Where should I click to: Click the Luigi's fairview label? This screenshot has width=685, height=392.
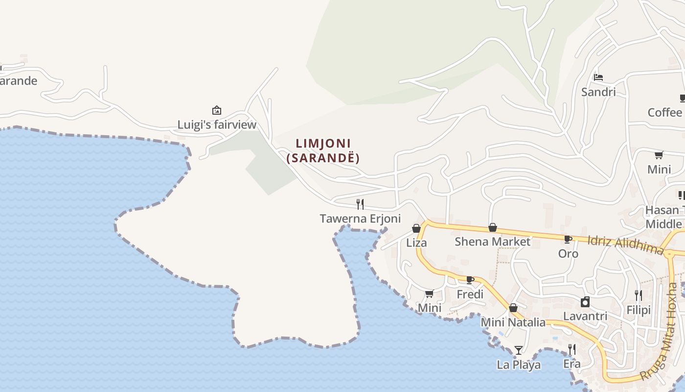click(217, 125)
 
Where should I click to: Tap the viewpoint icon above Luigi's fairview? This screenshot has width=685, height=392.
click(217, 110)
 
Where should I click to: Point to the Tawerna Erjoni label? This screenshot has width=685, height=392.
click(360, 219)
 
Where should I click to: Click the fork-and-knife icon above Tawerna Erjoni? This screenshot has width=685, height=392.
click(360, 204)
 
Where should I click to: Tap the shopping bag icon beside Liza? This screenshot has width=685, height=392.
click(416, 228)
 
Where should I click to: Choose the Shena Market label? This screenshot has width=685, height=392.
click(492, 242)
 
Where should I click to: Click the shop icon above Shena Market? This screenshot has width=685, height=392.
click(493, 227)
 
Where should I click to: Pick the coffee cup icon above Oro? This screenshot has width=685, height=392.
click(568, 240)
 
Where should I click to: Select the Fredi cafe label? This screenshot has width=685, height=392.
click(470, 294)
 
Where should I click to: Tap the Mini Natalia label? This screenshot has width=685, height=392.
click(513, 322)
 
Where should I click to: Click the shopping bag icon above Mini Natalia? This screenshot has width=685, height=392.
click(513, 308)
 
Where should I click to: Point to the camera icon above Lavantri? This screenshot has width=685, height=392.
click(585, 302)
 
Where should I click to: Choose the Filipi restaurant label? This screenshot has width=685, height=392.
click(639, 310)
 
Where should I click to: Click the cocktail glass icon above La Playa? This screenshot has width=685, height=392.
click(519, 350)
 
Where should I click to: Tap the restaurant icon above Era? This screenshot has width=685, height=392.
click(571, 349)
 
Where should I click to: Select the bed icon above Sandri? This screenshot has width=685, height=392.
click(598, 77)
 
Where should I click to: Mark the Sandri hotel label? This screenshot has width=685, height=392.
click(598, 92)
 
